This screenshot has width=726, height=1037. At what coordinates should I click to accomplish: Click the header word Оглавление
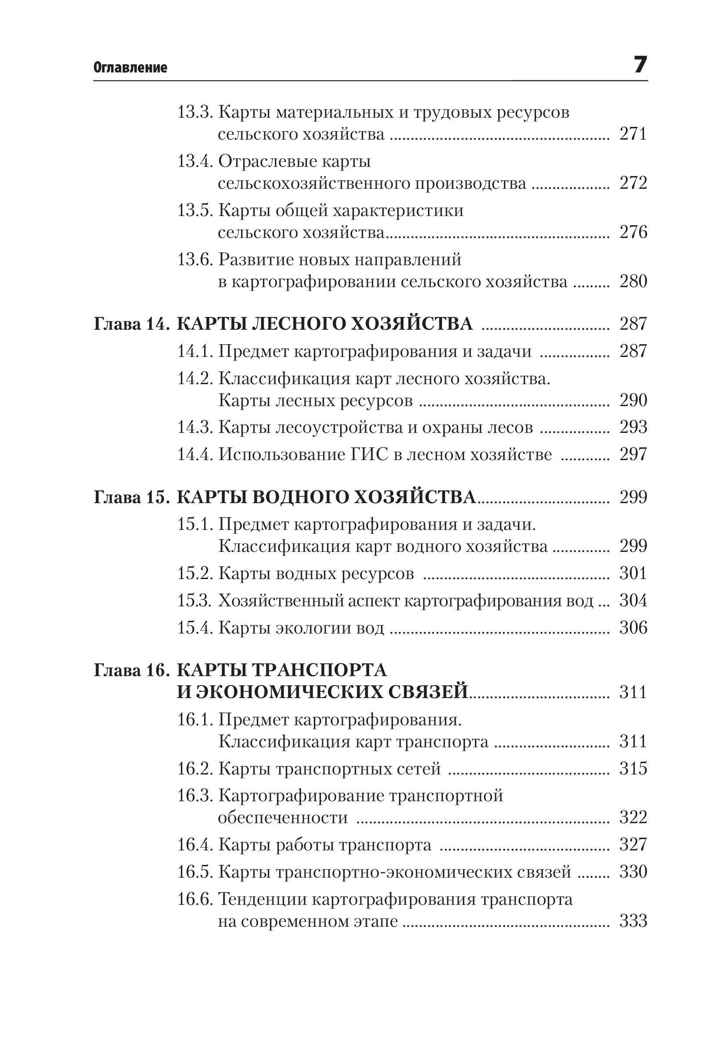[130, 68]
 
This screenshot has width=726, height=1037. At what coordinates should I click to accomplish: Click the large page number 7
[640, 65]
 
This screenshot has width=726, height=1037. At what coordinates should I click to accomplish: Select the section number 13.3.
[194, 112]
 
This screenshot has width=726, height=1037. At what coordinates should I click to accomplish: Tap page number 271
[633, 134]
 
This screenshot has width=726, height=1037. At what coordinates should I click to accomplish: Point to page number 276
[633, 232]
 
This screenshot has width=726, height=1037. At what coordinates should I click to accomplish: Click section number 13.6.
[194, 260]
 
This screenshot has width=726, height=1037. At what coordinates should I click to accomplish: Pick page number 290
[633, 400]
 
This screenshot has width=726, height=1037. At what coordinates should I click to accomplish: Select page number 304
[633, 601]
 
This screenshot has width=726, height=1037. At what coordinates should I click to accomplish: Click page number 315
[633, 768]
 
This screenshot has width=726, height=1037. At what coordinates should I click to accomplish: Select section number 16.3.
[194, 796]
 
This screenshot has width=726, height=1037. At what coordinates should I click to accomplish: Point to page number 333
[633, 921]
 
